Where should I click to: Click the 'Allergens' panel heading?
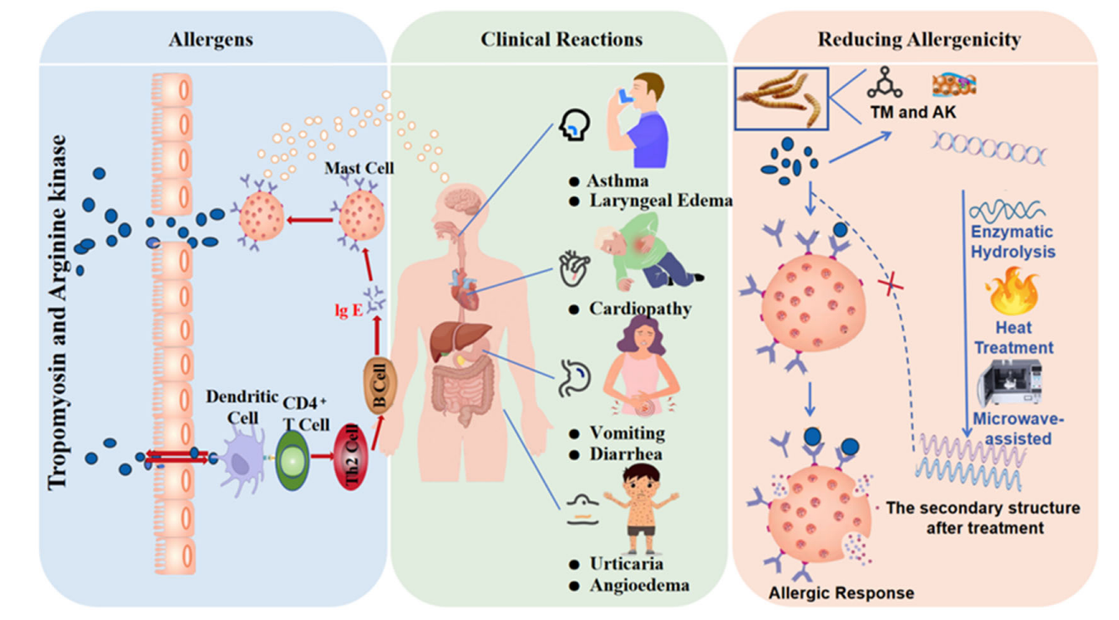pos(210,39)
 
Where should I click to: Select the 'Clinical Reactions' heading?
pos(561,39)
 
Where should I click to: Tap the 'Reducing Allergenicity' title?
pos(919,39)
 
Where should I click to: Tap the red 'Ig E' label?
pos(348,310)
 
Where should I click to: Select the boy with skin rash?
pos(641,508)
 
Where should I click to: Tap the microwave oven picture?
pos(1009,382)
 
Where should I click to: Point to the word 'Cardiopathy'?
pos(640,308)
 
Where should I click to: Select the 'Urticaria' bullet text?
pos(626,563)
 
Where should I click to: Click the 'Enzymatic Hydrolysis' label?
pos(1012,241)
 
